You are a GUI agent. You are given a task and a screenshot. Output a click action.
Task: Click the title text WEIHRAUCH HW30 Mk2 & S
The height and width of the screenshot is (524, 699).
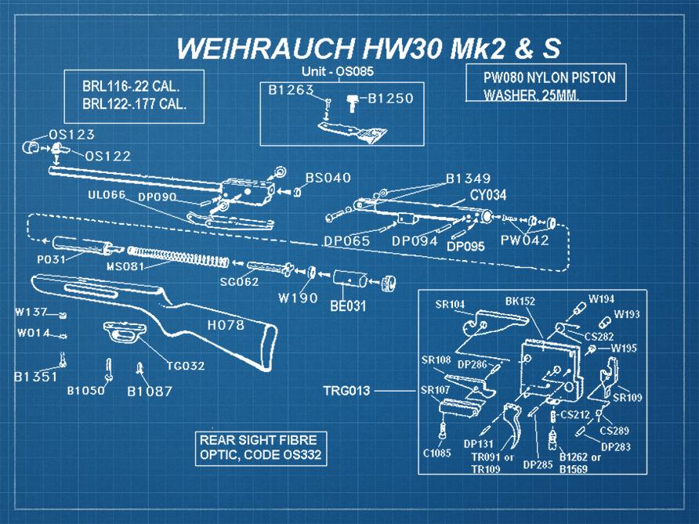(x=368, y=48)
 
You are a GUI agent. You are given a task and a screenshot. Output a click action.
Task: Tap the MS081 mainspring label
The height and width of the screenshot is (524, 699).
(x=125, y=266)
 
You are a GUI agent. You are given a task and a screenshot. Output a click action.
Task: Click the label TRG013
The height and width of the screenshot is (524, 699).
(x=346, y=389)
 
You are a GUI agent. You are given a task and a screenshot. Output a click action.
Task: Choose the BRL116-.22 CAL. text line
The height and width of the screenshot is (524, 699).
(x=132, y=85)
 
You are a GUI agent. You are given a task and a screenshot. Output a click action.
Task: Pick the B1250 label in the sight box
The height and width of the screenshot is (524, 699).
(x=389, y=99)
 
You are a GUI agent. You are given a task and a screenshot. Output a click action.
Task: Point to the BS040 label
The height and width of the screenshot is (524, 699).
(x=328, y=178)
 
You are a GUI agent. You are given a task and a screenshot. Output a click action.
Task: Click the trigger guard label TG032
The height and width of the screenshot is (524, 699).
(x=185, y=365)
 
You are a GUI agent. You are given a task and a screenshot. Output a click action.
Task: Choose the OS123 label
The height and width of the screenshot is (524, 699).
(x=72, y=135)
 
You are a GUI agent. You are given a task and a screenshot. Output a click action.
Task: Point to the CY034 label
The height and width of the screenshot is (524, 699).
(x=486, y=194)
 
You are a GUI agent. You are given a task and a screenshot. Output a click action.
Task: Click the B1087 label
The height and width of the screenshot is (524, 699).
(x=149, y=392)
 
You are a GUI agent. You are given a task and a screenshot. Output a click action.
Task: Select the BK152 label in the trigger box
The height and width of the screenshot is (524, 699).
(x=520, y=301)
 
